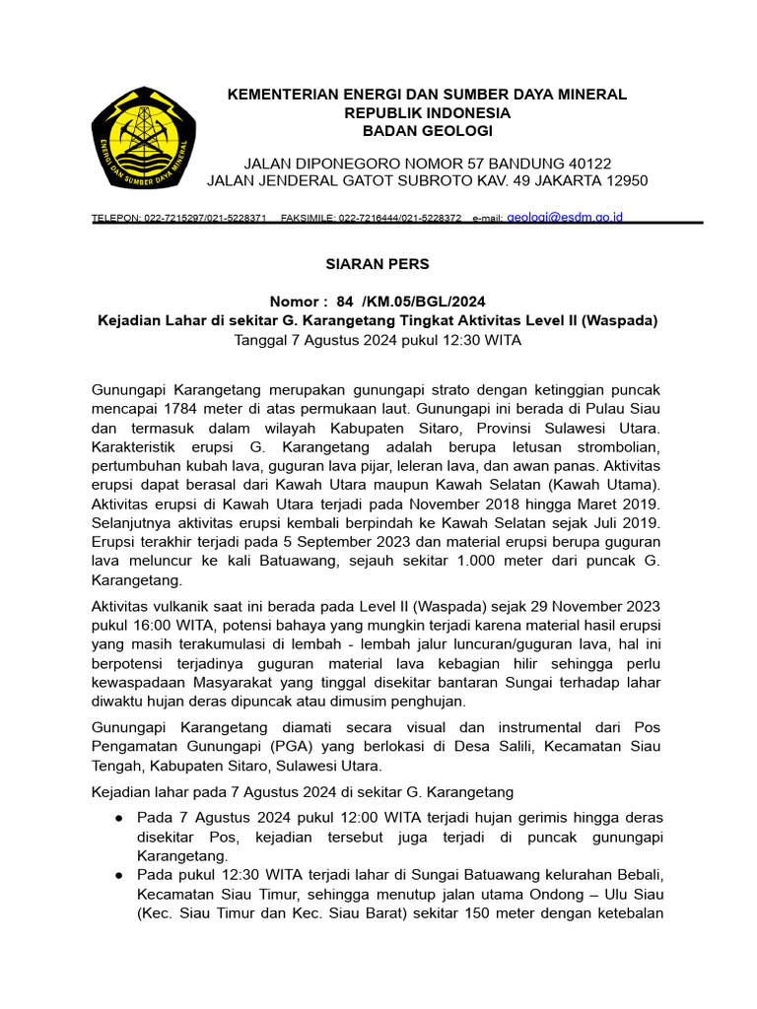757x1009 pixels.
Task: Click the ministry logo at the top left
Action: click(x=144, y=139)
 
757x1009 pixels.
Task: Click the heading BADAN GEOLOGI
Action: click(x=427, y=131)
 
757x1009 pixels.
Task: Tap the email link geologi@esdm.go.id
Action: click(x=565, y=217)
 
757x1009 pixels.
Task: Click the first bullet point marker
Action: click(x=118, y=819)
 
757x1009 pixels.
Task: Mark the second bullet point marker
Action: click(x=118, y=876)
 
